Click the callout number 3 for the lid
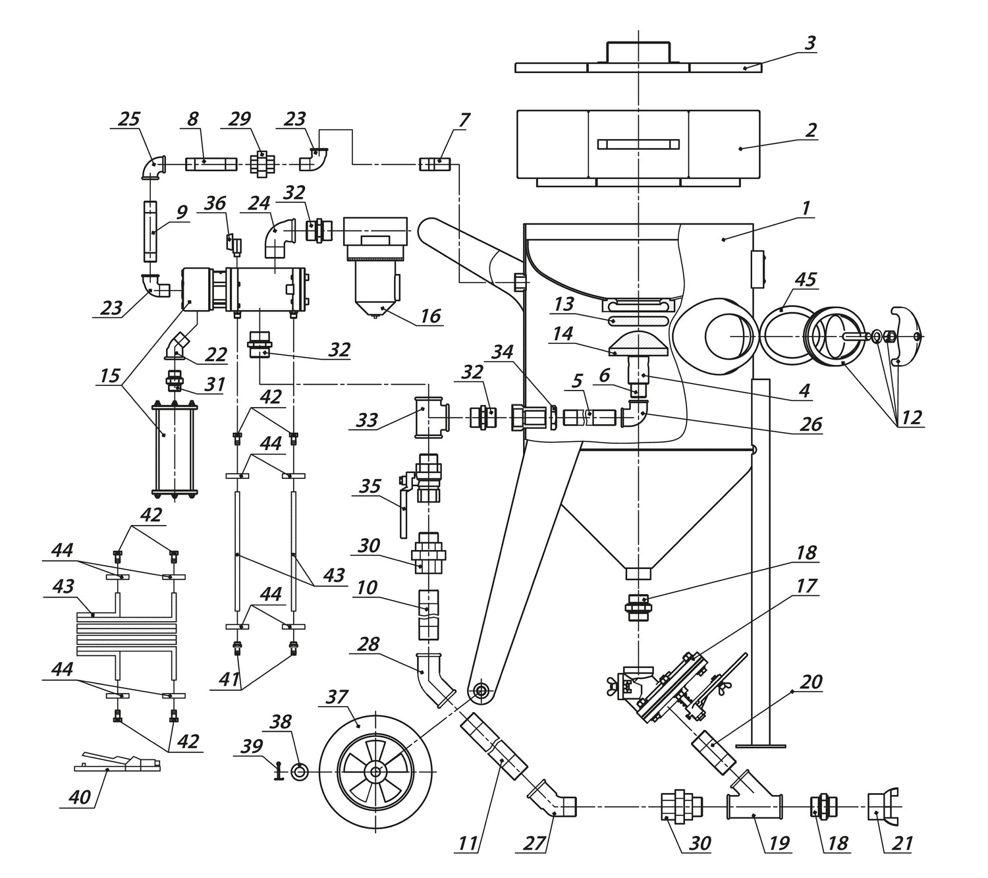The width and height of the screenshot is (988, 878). click(x=810, y=43)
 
